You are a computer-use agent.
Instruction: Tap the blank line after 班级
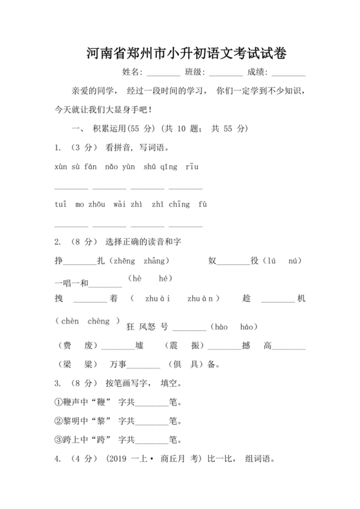pyautogui.click(x=226, y=75)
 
